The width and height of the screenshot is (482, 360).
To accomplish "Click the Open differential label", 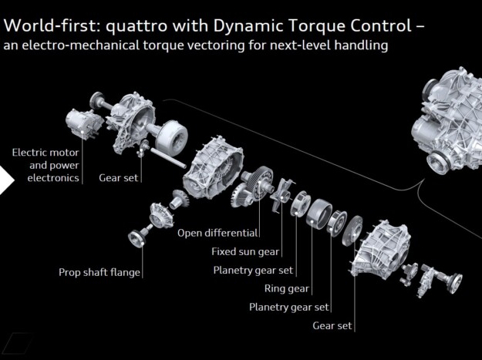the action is tap(217, 233).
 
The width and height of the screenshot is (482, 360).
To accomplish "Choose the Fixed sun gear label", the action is tap(245, 252).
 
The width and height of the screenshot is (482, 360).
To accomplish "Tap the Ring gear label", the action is tap(286, 289).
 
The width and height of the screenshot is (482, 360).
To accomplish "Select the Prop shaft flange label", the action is tap(99, 272).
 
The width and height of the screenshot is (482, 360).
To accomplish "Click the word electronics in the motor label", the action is tap(53, 178).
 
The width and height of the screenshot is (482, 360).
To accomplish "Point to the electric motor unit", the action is tap(84, 124).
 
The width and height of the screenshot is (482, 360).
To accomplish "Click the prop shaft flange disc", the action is tap(137, 238).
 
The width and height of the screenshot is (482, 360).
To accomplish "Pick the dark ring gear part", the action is tap(319, 214).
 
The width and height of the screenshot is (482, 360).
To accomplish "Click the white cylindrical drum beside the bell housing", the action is tap(171, 134).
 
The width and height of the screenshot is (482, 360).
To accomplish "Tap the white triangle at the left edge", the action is tap(7, 180).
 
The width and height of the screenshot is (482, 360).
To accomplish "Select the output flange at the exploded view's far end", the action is tap(454, 281).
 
